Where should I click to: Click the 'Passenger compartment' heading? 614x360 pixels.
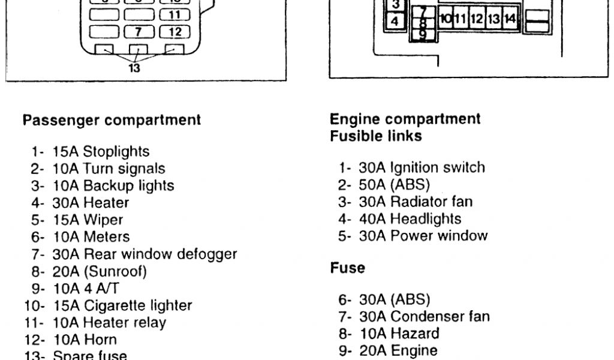coord(112,120)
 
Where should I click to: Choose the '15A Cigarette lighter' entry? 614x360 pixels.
coord(108,305)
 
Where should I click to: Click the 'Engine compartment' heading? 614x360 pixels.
coord(405,119)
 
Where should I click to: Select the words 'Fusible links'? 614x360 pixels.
coord(376,136)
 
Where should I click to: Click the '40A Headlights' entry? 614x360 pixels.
coord(400,219)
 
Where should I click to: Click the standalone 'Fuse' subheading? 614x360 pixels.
coord(347,268)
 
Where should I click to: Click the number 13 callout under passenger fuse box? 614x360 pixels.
coord(135,68)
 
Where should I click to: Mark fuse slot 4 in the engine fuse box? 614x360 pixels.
coord(395,21)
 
